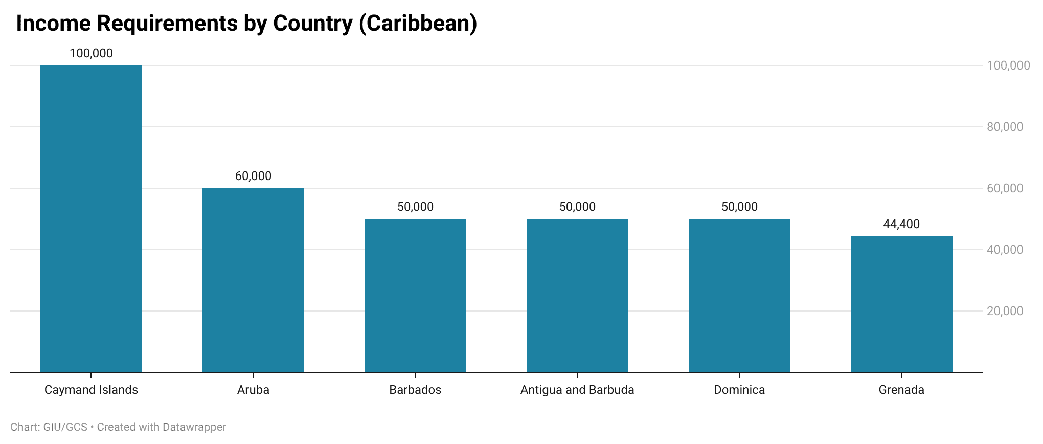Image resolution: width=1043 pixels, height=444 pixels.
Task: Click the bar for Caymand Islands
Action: point(91,219)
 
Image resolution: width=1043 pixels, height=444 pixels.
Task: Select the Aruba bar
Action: point(253,280)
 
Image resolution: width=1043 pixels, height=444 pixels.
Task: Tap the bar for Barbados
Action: point(415,296)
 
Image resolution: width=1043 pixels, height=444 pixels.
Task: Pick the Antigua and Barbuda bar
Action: point(577,296)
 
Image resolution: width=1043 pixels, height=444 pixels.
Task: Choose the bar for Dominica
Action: point(739,296)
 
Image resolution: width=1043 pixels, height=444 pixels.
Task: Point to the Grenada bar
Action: point(901,304)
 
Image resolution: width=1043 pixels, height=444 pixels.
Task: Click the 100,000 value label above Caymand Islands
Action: point(91,53)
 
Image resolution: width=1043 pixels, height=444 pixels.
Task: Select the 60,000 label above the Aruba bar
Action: point(253,176)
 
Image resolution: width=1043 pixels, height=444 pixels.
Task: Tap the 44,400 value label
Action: point(901,224)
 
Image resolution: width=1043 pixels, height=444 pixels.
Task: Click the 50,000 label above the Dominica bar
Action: point(739,207)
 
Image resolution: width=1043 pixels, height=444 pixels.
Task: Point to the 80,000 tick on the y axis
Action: point(1005,127)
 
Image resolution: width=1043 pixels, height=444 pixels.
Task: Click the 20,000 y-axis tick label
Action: point(1005,311)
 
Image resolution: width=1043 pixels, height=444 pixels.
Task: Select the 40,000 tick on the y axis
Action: point(1005,250)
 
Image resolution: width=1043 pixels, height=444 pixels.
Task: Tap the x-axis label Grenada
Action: point(901,390)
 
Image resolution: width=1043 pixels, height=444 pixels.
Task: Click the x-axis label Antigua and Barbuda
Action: point(577,390)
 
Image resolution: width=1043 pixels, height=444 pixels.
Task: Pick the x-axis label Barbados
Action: point(415,390)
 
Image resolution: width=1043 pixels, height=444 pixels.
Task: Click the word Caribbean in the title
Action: point(418,24)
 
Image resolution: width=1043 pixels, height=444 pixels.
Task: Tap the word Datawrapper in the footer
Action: point(194,427)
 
